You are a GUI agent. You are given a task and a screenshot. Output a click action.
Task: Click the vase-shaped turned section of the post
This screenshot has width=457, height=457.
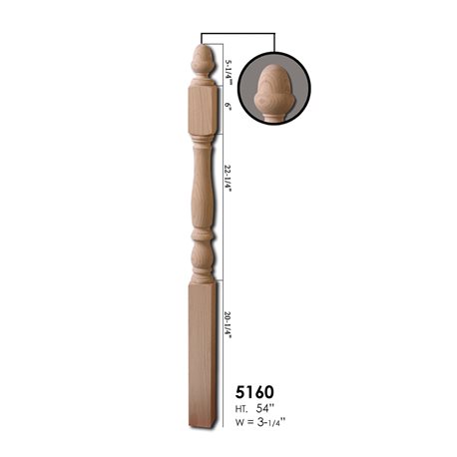[x=203, y=195]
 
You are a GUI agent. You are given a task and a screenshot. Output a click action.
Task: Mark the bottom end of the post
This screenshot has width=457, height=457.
[x=202, y=422]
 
